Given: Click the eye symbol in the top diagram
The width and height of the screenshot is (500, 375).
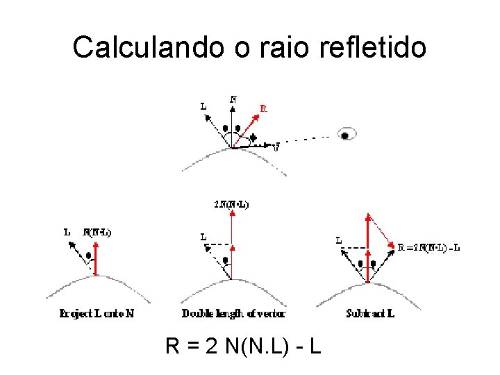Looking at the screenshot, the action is click(x=346, y=135).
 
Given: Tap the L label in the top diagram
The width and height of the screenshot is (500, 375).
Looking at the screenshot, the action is click(x=203, y=106).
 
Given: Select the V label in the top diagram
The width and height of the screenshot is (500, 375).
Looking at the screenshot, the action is click(x=276, y=148).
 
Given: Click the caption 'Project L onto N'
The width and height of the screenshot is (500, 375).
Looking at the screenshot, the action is click(x=97, y=313).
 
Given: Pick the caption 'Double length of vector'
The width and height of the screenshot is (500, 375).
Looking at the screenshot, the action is click(x=234, y=313).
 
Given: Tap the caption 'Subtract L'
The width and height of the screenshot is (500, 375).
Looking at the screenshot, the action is click(x=370, y=313).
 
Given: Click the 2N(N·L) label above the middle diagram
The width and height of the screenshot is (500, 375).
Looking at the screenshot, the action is click(x=232, y=204).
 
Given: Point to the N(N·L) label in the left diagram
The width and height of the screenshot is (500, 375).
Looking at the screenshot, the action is click(x=97, y=233).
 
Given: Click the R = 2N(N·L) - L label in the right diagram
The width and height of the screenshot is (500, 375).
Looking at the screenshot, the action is click(x=429, y=247).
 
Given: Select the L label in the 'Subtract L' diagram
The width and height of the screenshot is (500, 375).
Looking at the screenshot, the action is click(x=338, y=241).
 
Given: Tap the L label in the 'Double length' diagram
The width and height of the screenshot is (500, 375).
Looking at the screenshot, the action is click(x=203, y=237).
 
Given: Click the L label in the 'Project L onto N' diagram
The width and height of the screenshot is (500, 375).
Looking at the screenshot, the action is click(x=67, y=233).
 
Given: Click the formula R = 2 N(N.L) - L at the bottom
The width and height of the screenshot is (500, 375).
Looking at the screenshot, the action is click(x=243, y=345).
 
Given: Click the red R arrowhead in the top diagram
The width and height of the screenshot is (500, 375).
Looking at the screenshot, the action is click(x=254, y=119).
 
